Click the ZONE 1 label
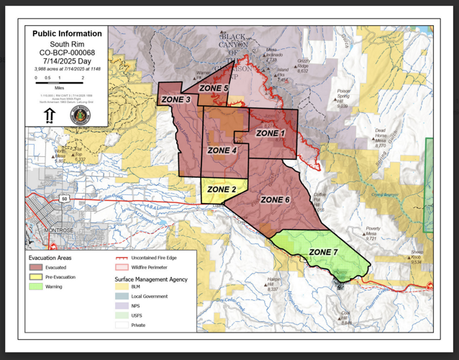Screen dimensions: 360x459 271,133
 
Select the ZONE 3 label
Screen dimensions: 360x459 176,99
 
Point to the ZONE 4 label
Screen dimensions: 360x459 222,150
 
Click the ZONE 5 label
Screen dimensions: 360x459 214,88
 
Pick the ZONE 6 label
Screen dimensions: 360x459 275,199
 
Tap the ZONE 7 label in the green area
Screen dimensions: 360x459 323,251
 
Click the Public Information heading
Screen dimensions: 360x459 67,34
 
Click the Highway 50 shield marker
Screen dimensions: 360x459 65,198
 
